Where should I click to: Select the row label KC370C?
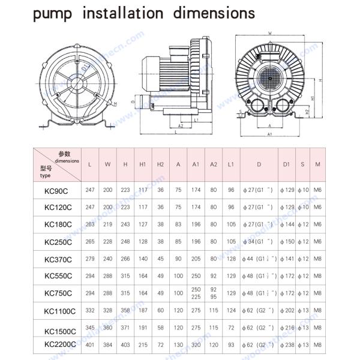point(58,259)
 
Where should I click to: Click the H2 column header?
point(160,164)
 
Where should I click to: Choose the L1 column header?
point(231,164)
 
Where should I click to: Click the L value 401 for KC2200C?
point(89,345)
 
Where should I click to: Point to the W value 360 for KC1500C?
point(107,328)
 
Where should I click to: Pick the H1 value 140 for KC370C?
point(143,259)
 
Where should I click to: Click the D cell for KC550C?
point(259,276)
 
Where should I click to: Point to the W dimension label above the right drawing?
point(270,34)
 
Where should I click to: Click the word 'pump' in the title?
point(51,14)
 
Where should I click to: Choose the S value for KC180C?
point(304,224)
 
